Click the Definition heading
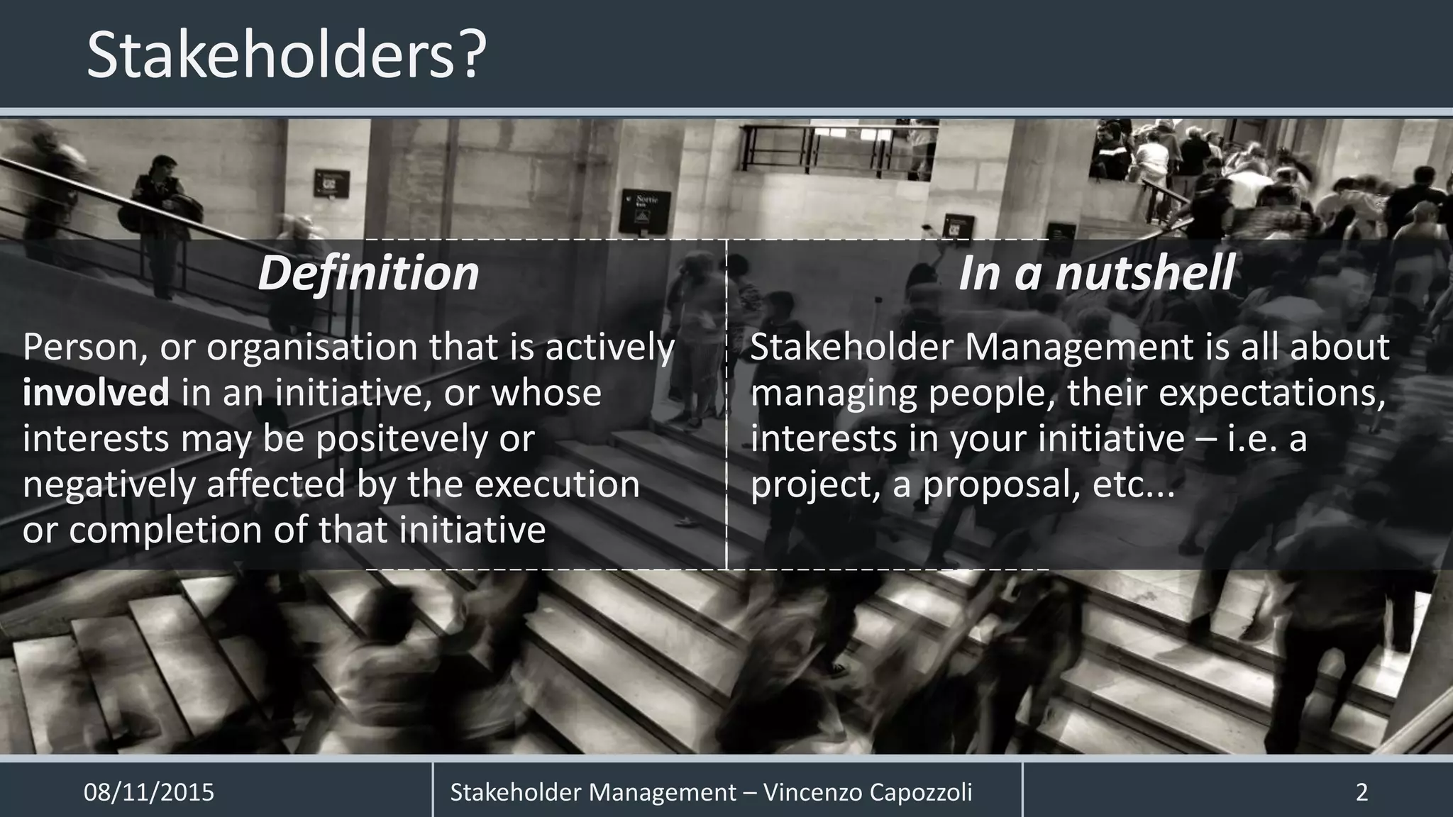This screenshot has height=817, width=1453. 368,273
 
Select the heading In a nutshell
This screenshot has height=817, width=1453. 1096,273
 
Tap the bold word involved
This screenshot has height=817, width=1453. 96,393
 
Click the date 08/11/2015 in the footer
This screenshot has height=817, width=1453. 149,792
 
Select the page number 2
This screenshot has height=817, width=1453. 1361,792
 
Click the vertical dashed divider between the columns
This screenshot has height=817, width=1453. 726,404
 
